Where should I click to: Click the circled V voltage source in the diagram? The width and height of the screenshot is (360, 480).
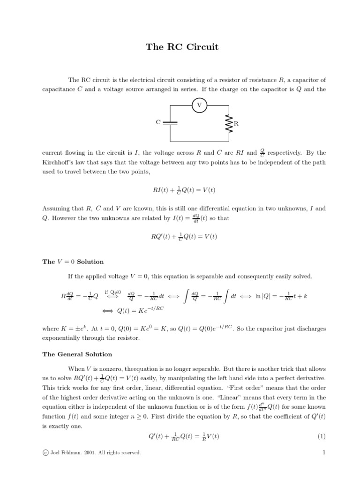click(x=200, y=106)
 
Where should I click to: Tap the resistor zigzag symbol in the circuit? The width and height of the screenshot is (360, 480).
click(x=229, y=123)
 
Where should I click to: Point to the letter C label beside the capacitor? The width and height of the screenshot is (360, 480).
click(x=158, y=122)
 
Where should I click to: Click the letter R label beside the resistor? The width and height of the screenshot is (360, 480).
click(x=236, y=124)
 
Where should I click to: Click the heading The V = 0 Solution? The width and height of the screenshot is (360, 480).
click(x=73, y=262)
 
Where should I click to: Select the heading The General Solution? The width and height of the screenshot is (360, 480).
click(x=77, y=354)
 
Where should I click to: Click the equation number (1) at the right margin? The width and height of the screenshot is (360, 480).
click(x=321, y=436)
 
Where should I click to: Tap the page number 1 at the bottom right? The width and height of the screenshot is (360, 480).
click(x=323, y=452)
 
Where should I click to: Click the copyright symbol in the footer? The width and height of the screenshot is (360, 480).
click(x=45, y=453)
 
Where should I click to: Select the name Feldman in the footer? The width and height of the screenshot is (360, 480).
click(x=69, y=453)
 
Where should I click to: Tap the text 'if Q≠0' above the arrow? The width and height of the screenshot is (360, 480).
click(x=113, y=292)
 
